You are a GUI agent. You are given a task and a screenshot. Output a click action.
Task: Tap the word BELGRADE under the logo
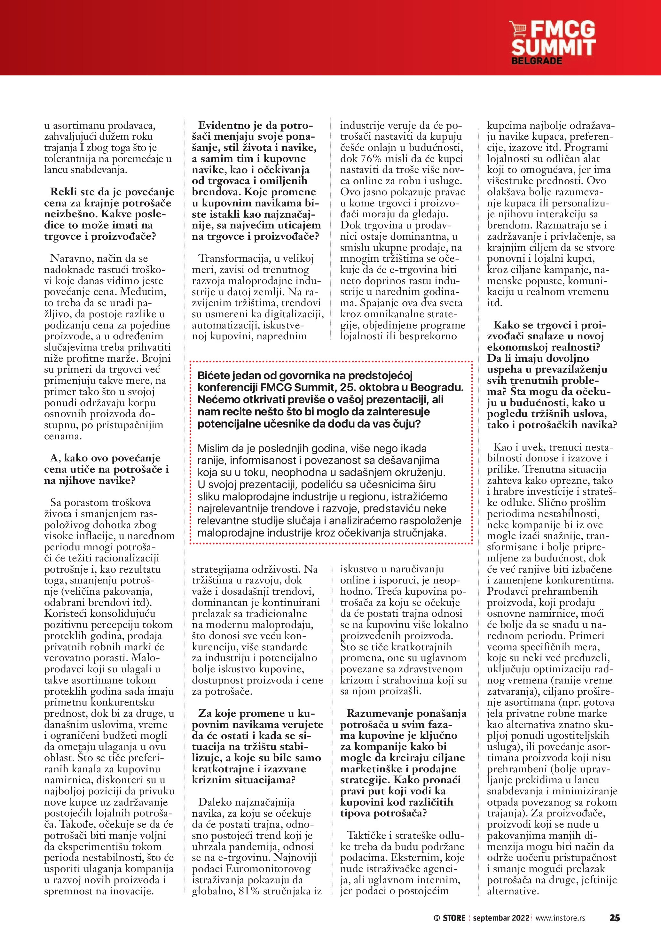[537, 61]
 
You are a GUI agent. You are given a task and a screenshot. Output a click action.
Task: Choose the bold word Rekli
[66, 192]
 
